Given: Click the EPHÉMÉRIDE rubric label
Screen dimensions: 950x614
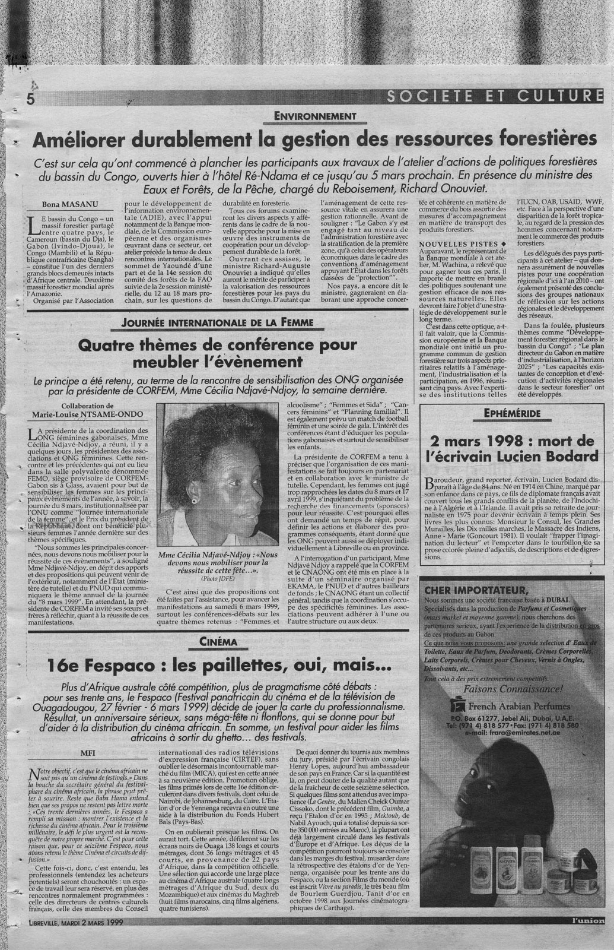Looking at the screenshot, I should tap(511, 411).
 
